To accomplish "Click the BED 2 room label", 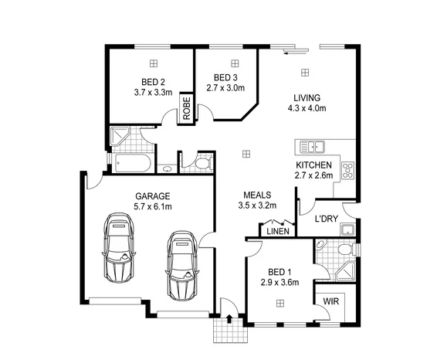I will [153, 83].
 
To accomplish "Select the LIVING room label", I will [306, 97].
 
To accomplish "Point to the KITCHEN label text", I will [314, 165].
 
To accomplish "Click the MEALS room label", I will [256, 195].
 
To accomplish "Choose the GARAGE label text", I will [153, 195].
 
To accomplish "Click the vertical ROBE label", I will [186, 108].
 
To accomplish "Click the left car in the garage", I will [118, 249].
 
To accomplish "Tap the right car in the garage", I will [181, 263].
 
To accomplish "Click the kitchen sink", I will [314, 146].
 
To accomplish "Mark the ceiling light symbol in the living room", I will [306, 73].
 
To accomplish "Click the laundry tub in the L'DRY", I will [347, 229].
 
